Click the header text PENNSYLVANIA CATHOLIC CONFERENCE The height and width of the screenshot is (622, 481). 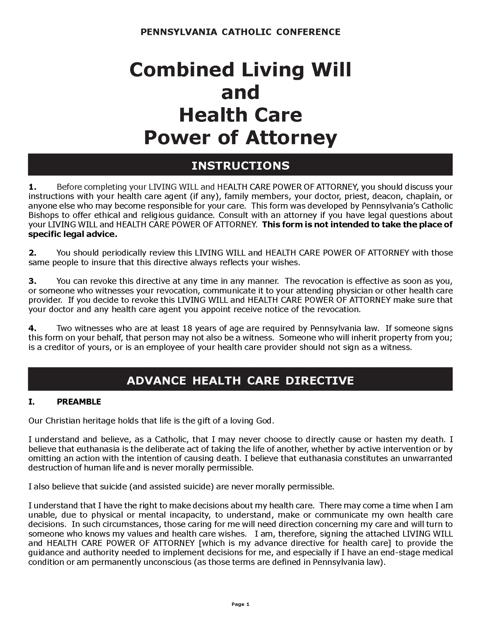pos(240,32)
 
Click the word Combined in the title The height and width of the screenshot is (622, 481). pos(182,70)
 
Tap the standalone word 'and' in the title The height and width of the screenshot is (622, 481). pos(240,92)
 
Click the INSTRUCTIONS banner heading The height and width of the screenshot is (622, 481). pos(240,166)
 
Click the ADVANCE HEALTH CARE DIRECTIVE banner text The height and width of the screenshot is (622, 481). pos(240,381)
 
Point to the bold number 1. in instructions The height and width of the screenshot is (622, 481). pos(33,186)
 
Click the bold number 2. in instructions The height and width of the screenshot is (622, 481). pos(33,253)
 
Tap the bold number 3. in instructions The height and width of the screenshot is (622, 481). pos(33,281)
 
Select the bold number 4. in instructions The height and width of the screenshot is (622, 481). pos(33,328)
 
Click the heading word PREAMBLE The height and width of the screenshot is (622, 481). pos(79,402)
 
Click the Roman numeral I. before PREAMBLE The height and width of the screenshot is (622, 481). pos(31,402)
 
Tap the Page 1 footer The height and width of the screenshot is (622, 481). pos(240,604)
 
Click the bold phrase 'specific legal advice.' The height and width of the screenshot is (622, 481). pos(73,234)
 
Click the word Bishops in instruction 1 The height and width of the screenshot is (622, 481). pos(40,215)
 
